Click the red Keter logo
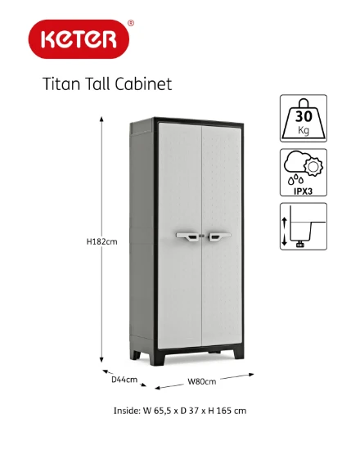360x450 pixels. (x=79, y=39)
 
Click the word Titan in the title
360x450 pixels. (x=61, y=83)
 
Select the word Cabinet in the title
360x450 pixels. (x=143, y=83)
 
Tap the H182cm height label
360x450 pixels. (x=102, y=241)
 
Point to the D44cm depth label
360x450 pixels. (x=124, y=380)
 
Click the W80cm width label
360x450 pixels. (x=202, y=381)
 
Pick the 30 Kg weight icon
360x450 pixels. (x=304, y=119)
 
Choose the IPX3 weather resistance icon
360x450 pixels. (x=304, y=173)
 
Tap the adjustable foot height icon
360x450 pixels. (x=304, y=227)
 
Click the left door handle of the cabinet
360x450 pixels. (x=187, y=236)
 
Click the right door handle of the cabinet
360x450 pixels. (x=219, y=236)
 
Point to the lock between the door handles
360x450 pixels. (x=203, y=236)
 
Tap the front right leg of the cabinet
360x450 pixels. (x=239, y=353)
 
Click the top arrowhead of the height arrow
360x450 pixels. (x=101, y=119)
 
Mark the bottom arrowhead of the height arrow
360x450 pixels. (x=101, y=360)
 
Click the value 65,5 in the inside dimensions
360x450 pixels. (x=163, y=411)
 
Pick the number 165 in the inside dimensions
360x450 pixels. (x=224, y=411)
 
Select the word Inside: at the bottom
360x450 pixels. (x=127, y=411)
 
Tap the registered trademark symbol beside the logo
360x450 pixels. (x=131, y=23)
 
